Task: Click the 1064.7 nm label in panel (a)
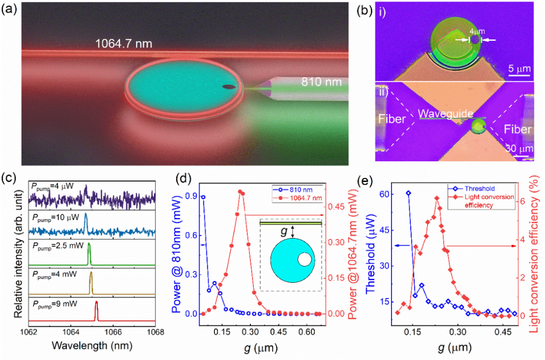coord(124,45)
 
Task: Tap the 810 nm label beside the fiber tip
coord(316,82)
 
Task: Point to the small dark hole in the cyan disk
coord(229,87)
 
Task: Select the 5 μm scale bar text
coord(518,69)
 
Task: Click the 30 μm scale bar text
coord(518,150)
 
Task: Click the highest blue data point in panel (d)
coord(203,197)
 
